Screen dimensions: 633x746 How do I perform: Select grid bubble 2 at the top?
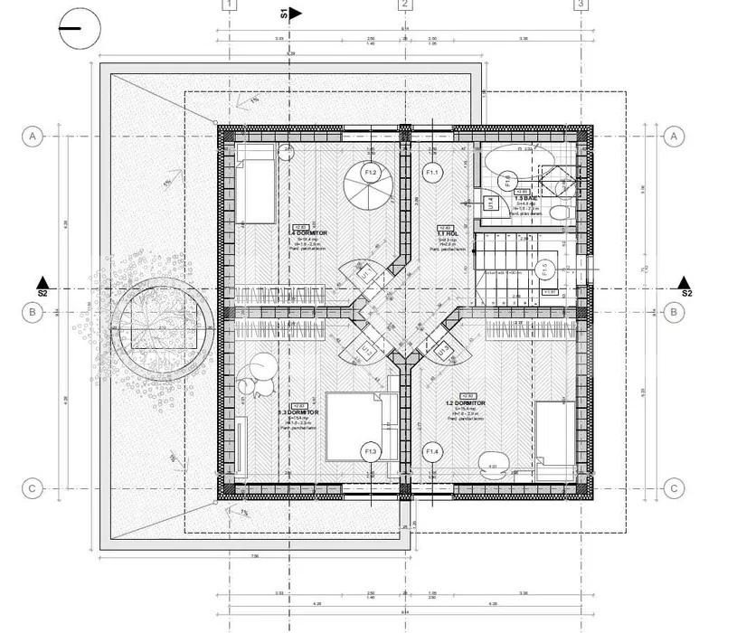point(405,5)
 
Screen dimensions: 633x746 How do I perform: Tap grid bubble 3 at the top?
point(581,5)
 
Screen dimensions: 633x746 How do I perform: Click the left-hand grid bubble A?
point(33,137)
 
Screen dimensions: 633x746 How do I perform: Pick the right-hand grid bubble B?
point(674,313)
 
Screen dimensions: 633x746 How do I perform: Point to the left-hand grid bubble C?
point(33,488)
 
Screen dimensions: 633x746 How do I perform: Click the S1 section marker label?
point(285,13)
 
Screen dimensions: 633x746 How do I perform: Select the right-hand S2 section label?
point(685,293)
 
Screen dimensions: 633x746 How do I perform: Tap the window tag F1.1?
point(431,172)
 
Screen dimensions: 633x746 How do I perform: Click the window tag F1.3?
point(370,451)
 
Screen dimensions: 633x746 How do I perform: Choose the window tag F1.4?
point(431,451)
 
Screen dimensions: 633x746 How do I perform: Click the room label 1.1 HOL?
point(445,234)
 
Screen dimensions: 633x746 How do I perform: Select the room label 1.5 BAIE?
point(527,198)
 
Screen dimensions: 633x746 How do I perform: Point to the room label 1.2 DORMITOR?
point(466,403)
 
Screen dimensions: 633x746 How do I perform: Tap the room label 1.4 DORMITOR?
point(307,233)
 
